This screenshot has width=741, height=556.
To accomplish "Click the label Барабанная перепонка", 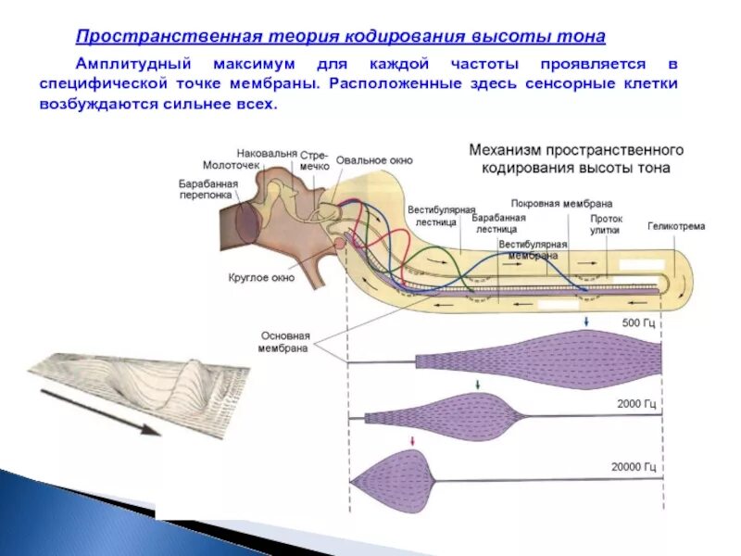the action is point(208,189).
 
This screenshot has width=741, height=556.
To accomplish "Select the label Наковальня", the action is point(267,153).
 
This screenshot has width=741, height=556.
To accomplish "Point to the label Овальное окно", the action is point(374,159).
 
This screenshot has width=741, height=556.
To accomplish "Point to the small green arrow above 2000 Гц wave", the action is point(476,383).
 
